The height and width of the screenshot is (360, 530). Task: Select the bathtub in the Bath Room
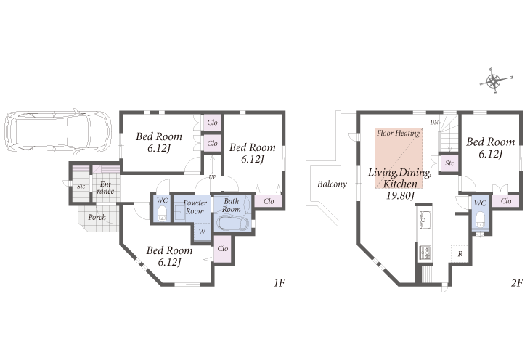click(233, 224)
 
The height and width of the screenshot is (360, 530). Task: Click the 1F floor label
click(280, 282)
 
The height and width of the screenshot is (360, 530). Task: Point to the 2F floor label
click(517, 282)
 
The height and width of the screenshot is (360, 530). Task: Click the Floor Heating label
click(398, 133)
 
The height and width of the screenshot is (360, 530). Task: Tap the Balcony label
click(332, 184)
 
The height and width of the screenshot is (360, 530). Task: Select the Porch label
click(97, 217)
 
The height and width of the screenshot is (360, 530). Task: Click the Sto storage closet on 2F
click(449, 163)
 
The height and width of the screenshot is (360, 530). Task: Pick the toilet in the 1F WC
click(162, 213)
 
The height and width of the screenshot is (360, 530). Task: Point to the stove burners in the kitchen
click(425, 253)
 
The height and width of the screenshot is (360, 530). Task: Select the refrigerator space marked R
click(460, 253)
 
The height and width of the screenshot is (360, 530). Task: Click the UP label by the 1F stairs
click(212, 177)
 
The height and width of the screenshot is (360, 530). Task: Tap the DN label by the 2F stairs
click(434, 123)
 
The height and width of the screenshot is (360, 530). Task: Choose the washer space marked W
click(202, 232)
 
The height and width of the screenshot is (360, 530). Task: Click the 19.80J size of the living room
click(400, 195)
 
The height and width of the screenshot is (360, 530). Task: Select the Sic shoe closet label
click(81, 187)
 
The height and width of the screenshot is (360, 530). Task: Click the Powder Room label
click(195, 207)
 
